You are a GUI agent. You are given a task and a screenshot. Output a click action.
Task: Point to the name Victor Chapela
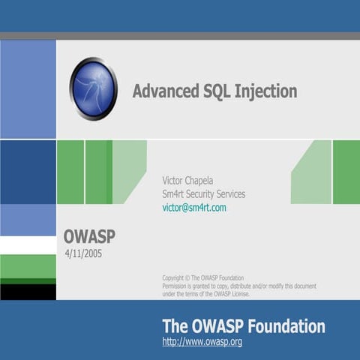point(191,180)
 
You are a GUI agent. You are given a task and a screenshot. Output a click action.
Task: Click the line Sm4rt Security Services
point(203,193)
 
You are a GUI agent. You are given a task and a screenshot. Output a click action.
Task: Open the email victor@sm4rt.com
point(193,208)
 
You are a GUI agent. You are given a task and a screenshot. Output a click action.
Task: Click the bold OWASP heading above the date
point(89,237)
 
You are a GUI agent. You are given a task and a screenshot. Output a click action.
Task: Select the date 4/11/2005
point(83,253)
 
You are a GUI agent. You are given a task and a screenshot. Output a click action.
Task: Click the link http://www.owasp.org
point(202,342)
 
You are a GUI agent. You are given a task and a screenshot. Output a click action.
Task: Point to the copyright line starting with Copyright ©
point(202,277)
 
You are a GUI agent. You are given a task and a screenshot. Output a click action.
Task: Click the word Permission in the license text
point(177,286)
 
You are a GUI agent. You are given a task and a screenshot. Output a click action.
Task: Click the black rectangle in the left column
point(28,291)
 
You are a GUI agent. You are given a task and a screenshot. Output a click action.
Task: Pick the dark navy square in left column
point(28,172)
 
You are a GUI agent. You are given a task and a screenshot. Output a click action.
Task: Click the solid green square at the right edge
point(346,172)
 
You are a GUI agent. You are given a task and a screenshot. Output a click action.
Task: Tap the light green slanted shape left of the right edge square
point(313,172)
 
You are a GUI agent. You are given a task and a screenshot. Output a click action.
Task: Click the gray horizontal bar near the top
point(180,36)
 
